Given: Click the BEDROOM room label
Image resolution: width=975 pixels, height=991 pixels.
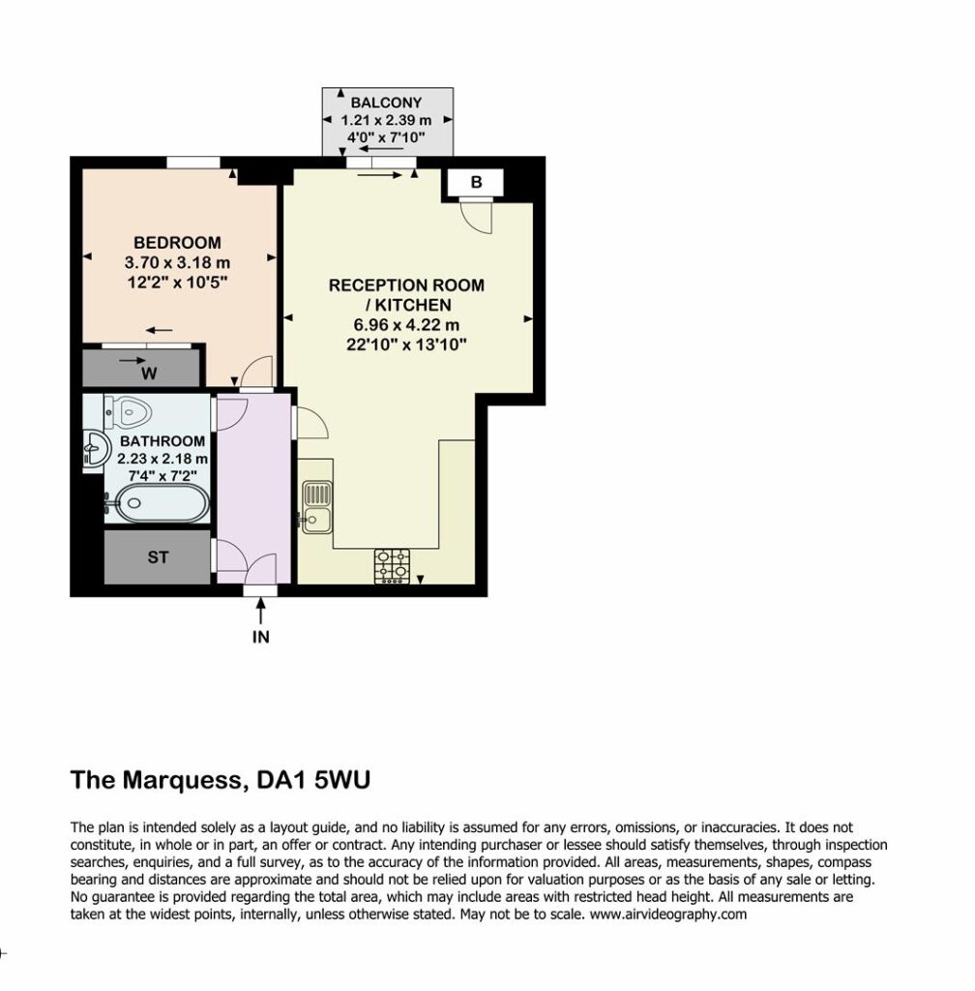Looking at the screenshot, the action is click(177, 243).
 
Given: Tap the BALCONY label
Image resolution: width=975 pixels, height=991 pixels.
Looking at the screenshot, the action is click(387, 103).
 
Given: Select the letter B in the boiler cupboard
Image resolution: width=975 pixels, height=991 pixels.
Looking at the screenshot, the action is click(476, 182).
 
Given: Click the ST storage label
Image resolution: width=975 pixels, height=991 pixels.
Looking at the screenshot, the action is click(158, 557).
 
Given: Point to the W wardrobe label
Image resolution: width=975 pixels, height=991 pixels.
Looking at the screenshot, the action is click(149, 374).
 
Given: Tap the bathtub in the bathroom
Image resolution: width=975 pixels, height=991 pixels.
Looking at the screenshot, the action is click(162, 503).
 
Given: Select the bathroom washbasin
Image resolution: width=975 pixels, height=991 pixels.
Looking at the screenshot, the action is click(96, 448).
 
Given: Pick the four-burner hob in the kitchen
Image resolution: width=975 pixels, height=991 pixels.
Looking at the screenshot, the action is click(392, 566).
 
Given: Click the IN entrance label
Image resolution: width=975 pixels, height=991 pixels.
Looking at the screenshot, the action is click(261, 637).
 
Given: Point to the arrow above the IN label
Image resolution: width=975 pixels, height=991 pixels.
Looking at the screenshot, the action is click(261, 612).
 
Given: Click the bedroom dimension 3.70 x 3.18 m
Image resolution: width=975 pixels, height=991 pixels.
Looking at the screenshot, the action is click(177, 262).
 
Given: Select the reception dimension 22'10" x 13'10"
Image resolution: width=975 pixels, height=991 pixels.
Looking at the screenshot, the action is click(406, 345).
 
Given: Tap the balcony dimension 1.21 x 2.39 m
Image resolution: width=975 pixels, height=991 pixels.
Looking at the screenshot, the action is click(387, 120).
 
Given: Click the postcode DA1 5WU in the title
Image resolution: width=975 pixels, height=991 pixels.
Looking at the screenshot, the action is click(313, 780).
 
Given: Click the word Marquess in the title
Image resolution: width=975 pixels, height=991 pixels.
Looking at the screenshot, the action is click(183, 781).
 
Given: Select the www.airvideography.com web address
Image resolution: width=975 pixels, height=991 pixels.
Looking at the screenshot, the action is click(668, 914).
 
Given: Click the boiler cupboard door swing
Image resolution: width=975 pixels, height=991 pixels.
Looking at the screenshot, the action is click(477, 216).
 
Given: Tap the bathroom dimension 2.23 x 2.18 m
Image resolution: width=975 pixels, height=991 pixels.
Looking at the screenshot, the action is click(162, 458).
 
